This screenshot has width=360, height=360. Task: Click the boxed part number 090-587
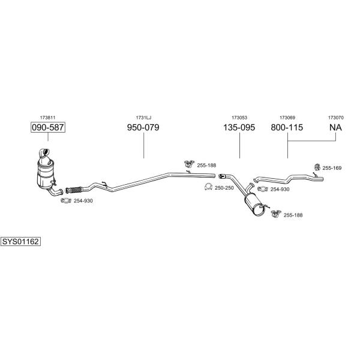48,127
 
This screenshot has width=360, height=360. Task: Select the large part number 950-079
143,127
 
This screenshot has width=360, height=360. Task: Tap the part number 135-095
239,127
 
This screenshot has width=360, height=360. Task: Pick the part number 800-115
287,127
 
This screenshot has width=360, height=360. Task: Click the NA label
335,127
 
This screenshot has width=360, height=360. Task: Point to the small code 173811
48,118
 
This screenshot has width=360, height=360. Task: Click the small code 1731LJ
143,118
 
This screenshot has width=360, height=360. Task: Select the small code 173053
239,118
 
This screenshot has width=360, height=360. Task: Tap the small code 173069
287,118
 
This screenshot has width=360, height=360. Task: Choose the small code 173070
335,118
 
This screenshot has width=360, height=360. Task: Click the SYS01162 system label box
20,242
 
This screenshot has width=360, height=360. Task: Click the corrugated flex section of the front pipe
73,190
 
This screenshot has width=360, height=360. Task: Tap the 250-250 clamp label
224,188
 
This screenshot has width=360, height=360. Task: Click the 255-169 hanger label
332,168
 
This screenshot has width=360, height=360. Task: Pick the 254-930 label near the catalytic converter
83,201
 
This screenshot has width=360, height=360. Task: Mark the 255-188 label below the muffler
293,215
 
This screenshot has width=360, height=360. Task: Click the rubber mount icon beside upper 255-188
189,164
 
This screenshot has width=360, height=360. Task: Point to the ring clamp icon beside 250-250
208,187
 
